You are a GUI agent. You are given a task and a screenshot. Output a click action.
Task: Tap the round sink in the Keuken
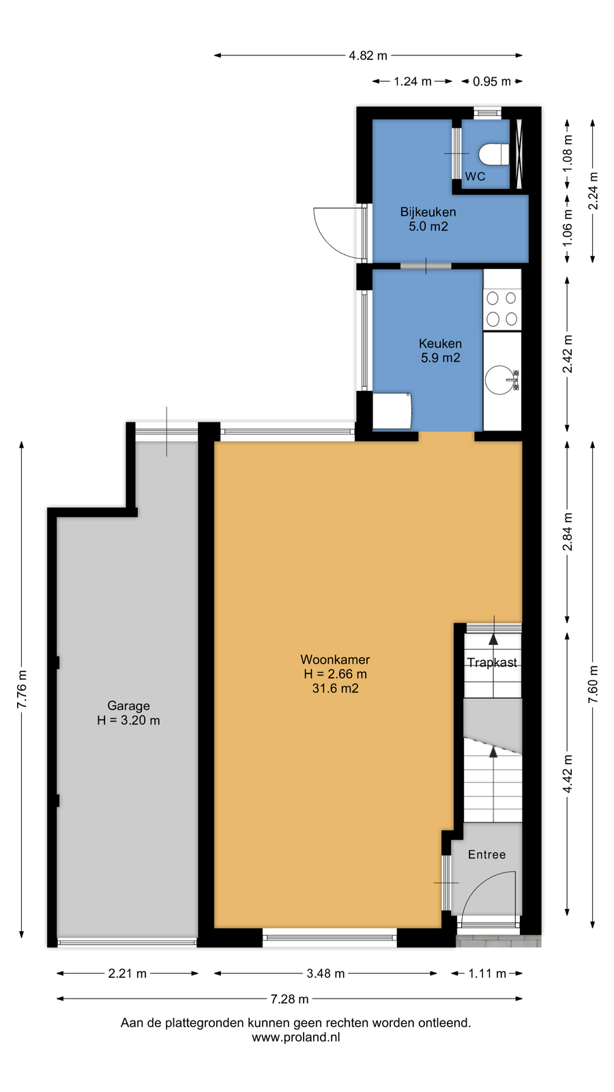(x=499, y=379)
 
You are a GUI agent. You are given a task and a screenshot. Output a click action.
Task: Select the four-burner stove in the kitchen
(x=502, y=308)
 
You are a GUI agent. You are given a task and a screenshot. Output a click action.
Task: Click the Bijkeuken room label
(x=428, y=212)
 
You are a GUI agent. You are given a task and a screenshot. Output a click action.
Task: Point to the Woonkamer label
(x=335, y=659)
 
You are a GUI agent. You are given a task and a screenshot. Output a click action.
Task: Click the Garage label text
(x=129, y=706)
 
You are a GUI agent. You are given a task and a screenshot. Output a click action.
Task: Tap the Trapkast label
(x=492, y=663)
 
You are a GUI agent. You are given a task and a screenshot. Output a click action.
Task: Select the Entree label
(x=487, y=854)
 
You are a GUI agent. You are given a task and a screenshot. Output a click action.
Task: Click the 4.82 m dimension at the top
(x=368, y=55)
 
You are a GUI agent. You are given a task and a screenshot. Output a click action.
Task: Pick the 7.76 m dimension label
(x=22, y=690)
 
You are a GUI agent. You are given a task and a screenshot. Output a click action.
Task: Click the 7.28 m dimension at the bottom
(x=289, y=999)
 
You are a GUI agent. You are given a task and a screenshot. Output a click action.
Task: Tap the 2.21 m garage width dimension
(x=127, y=973)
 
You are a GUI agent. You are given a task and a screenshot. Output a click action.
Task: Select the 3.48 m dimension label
(x=325, y=973)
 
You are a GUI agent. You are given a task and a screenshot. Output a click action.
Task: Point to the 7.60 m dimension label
(x=593, y=685)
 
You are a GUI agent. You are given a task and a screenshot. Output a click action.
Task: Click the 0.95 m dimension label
(x=492, y=81)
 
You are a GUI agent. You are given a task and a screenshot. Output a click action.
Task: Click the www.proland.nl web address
(x=296, y=1037)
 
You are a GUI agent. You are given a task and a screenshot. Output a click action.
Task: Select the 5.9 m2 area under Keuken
(x=441, y=358)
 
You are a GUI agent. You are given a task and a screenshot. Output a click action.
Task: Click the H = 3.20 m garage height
(x=128, y=720)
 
